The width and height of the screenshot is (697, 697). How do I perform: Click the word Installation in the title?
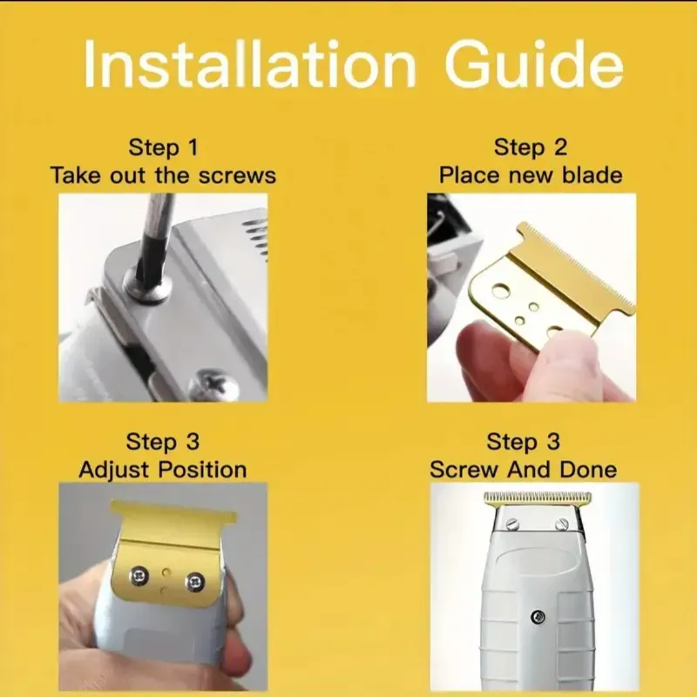tap(250, 64)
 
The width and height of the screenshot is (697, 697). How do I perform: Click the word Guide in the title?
tap(534, 64)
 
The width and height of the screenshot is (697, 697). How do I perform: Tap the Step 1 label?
tap(163, 148)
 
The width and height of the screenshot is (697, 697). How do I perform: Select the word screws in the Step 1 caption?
tap(237, 176)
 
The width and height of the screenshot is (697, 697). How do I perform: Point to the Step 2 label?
tap(531, 148)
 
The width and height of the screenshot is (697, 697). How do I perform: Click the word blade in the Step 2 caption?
tap(592, 175)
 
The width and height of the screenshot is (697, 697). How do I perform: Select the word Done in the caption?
tap(588, 470)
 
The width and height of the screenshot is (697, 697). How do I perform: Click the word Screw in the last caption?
tap(464, 470)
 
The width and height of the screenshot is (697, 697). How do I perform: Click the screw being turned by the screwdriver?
tap(147, 285)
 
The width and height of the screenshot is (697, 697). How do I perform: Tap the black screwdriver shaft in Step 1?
tap(151, 231)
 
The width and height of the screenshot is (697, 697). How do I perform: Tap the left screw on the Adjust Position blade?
tap(138, 576)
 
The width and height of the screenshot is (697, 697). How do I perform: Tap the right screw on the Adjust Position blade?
tap(195, 581)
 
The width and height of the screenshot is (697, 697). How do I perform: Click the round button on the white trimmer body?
tap(538, 617)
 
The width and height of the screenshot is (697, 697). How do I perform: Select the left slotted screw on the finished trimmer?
tap(512, 524)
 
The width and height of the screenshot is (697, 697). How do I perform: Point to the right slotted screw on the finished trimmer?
tap(562, 524)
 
